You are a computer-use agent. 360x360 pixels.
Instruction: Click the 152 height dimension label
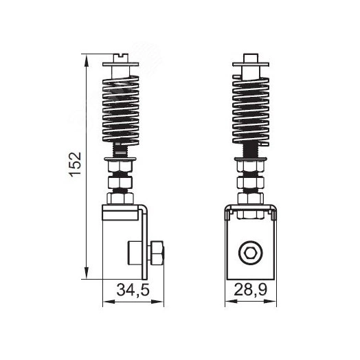pos(76,164)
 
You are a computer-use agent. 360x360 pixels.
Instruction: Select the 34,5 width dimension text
pos(133,290)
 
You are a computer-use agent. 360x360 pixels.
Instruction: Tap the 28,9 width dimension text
pos(251,290)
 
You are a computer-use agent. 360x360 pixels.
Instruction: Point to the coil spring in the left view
pos(120,110)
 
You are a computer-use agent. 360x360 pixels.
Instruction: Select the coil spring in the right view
pos(251,110)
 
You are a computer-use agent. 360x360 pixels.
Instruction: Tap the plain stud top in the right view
pos(251,58)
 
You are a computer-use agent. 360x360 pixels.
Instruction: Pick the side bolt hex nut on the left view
pos(157,253)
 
